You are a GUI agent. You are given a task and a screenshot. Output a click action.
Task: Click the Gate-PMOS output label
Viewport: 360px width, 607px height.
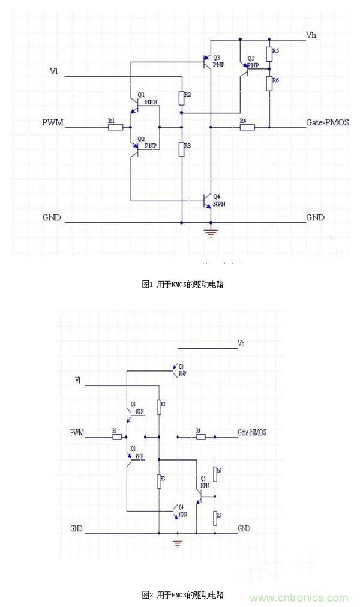(328, 122)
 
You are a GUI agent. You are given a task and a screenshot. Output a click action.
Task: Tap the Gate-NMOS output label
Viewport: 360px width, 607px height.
(252, 432)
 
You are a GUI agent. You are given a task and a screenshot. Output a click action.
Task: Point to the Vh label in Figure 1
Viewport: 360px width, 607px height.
(311, 35)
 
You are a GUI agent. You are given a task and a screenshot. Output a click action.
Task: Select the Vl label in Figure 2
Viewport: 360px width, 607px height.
(78, 380)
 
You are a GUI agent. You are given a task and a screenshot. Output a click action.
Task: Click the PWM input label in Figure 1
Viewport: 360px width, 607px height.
(52, 123)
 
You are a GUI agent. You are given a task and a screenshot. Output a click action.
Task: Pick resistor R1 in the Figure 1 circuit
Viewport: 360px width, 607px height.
(115, 127)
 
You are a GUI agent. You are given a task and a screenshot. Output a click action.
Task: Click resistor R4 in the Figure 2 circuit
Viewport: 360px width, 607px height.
(199, 437)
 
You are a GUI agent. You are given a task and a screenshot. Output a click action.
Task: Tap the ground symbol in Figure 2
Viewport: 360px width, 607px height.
(177, 543)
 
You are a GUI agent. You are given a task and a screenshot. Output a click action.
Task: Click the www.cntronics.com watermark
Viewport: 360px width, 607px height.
(299, 597)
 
